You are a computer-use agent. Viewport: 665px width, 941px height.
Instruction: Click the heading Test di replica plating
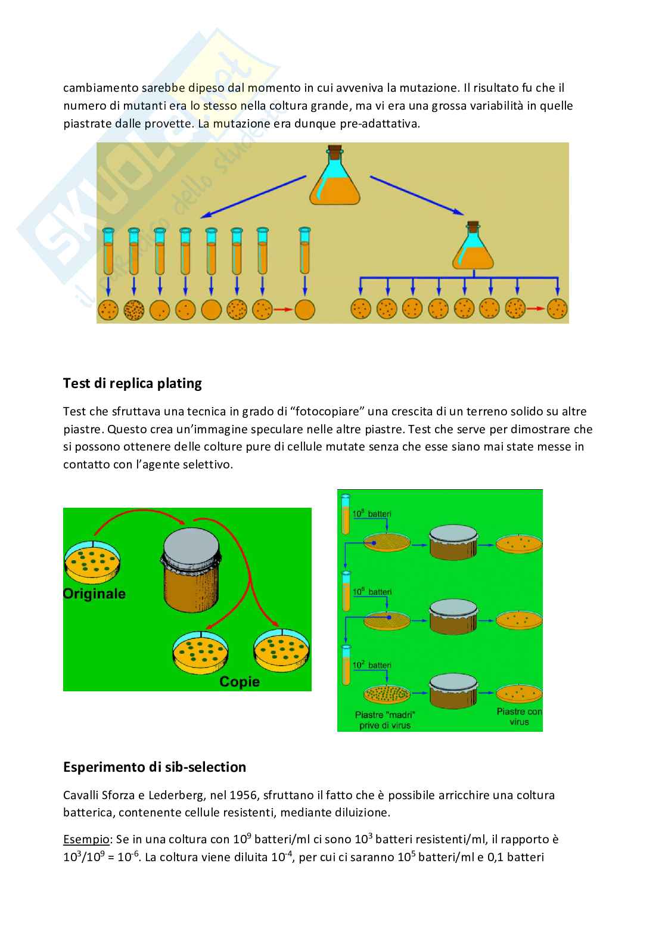point(132,383)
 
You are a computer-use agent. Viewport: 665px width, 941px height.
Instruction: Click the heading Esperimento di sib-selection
point(154,767)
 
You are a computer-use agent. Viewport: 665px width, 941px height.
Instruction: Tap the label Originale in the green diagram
point(94,594)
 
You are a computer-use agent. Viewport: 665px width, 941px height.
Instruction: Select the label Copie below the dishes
point(240,682)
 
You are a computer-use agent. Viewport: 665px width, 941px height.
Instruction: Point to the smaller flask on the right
point(473,247)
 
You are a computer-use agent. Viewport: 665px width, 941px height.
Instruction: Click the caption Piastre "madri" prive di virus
point(385,720)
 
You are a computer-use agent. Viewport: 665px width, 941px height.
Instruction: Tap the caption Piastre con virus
point(519,716)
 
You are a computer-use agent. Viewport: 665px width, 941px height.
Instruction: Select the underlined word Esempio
point(86,840)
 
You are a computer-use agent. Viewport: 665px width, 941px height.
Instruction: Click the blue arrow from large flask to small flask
point(417,195)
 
